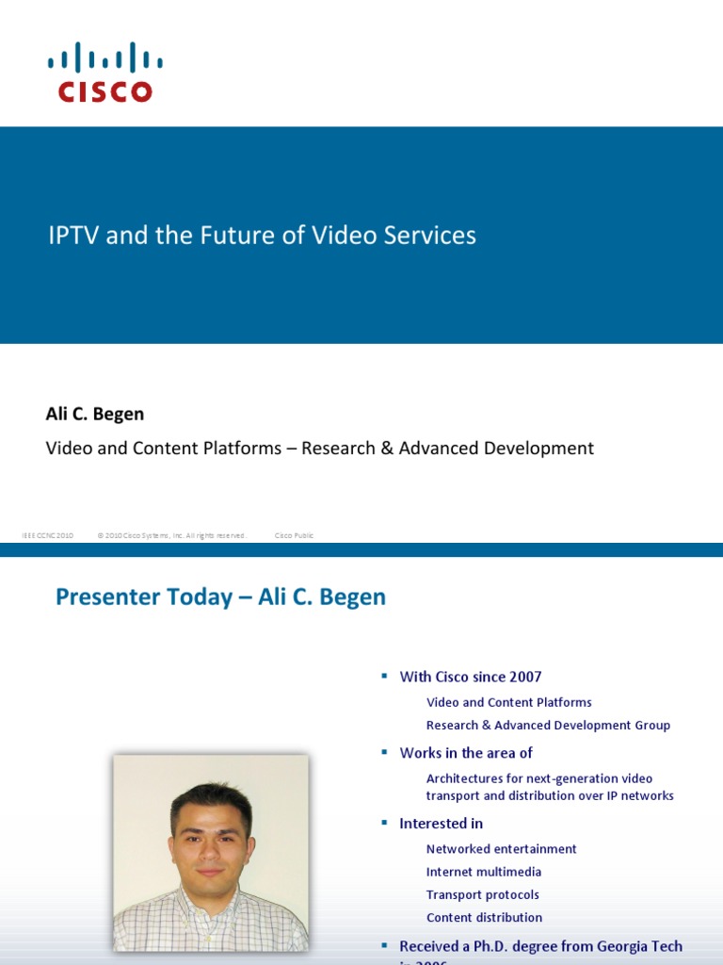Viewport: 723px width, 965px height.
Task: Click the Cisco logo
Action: (x=104, y=72)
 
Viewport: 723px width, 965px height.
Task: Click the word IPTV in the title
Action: (x=74, y=236)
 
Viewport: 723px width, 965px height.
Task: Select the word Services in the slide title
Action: (x=429, y=236)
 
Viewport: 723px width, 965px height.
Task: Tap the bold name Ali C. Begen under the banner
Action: (x=95, y=415)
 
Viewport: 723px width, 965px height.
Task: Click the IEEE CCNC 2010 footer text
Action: (x=47, y=535)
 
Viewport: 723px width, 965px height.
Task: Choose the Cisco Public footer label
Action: (x=294, y=535)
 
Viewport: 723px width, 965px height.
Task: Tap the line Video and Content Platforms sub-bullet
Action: (x=508, y=702)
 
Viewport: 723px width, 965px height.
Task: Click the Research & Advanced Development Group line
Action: (x=548, y=726)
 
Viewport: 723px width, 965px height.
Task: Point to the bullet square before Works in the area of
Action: (x=384, y=752)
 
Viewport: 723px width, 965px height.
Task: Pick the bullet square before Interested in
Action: (x=384, y=823)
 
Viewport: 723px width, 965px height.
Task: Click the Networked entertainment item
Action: (x=501, y=849)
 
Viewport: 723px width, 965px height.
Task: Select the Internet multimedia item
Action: (x=484, y=873)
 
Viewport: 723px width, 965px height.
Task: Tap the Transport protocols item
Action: (x=483, y=895)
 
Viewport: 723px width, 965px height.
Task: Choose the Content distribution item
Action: (x=484, y=918)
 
